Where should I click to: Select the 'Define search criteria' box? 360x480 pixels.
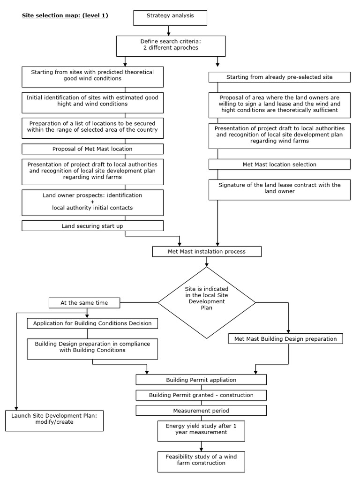pos(169,45)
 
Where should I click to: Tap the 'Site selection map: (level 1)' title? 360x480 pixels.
pos(65,15)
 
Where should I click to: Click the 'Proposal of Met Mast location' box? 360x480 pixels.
pos(92,149)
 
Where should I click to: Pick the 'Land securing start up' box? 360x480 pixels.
pos(92,226)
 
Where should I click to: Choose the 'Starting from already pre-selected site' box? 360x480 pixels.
pos(279,77)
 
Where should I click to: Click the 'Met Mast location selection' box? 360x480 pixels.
pos(279,165)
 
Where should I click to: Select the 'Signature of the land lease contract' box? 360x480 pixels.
pos(279,188)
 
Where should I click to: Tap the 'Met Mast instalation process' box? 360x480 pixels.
pos(207,252)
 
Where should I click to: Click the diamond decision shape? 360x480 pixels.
pos(207,302)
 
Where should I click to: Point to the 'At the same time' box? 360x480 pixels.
pos(84,303)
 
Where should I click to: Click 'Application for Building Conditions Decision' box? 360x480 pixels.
pos(92,323)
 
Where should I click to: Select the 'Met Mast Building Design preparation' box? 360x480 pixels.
pos(286,338)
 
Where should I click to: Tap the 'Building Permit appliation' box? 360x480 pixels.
pos(201,380)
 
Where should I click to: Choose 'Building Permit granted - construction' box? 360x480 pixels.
pos(201,395)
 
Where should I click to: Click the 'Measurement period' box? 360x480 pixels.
pos(201,411)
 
